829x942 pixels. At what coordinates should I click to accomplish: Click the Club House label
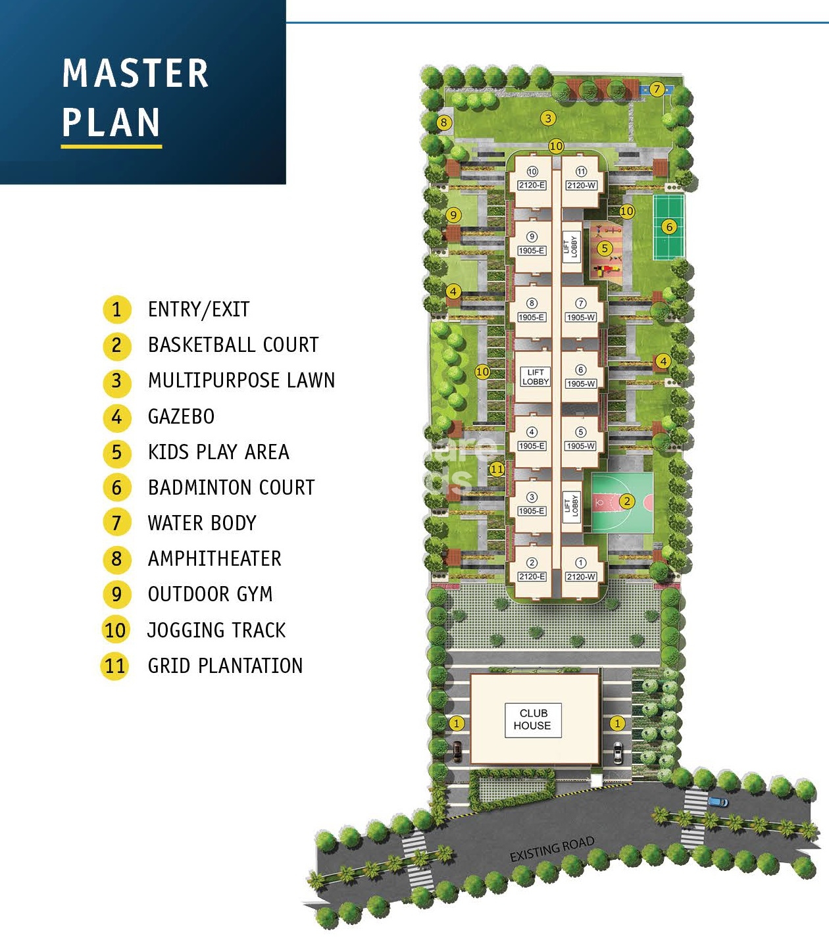point(533,719)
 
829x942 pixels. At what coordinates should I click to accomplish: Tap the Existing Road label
point(552,849)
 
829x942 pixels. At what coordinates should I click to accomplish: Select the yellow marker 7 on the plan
point(657,89)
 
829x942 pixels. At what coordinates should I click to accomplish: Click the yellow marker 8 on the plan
point(444,122)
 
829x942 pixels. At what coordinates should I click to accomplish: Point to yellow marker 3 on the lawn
point(548,118)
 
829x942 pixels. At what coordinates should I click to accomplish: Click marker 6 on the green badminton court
point(669,227)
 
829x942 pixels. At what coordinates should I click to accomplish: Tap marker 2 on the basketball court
point(627,501)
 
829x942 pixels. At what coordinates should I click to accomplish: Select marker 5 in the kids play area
point(604,248)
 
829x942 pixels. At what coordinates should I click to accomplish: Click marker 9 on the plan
point(453,215)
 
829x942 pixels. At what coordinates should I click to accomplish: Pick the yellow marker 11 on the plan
point(497,469)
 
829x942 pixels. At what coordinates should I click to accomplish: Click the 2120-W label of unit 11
point(581,186)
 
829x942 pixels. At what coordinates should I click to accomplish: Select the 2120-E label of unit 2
point(532,576)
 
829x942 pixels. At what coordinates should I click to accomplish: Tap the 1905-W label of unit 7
point(581,318)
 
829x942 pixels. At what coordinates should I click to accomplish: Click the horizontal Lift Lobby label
point(536,377)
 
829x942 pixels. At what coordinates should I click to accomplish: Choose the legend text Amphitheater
point(214,558)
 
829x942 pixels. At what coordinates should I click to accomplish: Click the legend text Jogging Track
point(216,630)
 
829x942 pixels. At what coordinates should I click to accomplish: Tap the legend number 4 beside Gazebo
point(116,416)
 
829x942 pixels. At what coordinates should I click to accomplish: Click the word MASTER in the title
point(136,73)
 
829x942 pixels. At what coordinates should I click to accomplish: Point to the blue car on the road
point(718,802)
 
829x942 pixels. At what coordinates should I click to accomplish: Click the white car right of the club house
point(617,753)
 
